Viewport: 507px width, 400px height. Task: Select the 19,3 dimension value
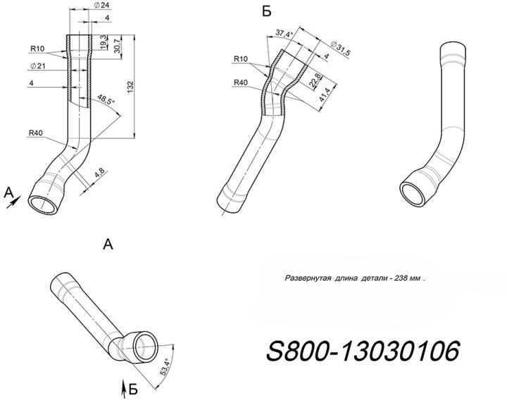(103, 40)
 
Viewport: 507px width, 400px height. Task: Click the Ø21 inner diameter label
(38, 66)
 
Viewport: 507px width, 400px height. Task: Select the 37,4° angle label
(285, 33)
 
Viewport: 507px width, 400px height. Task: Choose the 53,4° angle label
(167, 368)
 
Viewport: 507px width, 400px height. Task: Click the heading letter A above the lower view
(108, 244)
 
